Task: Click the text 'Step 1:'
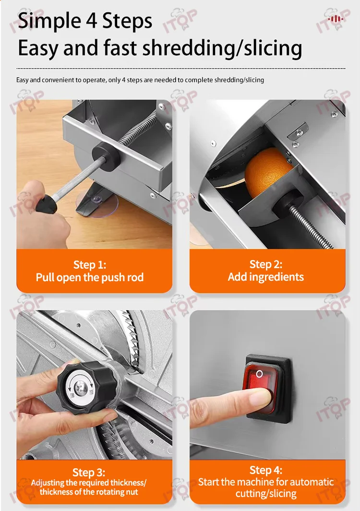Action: (90, 265)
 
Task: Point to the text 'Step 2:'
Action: (266, 264)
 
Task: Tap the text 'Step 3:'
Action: (89, 472)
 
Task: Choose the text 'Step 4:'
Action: (266, 470)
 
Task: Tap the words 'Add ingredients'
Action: (266, 277)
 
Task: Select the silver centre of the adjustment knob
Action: (79, 387)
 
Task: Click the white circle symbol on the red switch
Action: (259, 373)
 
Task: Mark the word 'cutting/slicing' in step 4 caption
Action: (266, 493)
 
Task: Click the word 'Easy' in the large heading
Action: (38, 48)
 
